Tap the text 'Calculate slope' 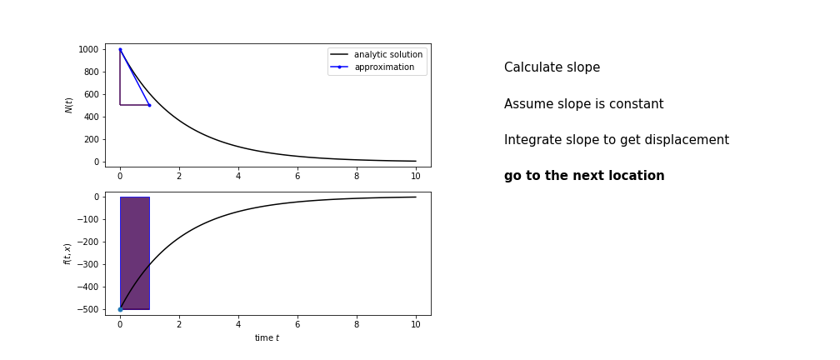pos(552,67)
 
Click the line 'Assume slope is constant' pos(584,104)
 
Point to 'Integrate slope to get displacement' pos(617,140)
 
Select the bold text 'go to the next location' pos(584,176)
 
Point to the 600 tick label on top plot pos(92,94)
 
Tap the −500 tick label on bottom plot pos(87,310)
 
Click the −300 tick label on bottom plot pos(87,265)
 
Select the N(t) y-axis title pos(68,106)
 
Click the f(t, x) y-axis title pos(67,254)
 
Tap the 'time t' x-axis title pos(267,338)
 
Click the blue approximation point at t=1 pos(149,106)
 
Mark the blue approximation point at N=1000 pos(120,49)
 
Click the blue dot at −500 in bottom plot pos(120,310)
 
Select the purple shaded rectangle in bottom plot pos(135,253)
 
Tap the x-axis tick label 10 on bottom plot pos(416,325)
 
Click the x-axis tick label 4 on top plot pos(238,176)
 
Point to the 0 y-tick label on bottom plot pos(97,197)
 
